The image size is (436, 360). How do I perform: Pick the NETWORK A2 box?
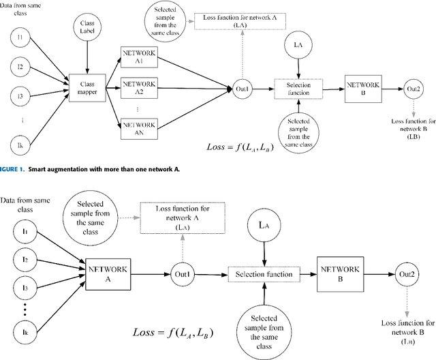tap(138, 87)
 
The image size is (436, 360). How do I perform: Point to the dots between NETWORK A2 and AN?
tap(138, 108)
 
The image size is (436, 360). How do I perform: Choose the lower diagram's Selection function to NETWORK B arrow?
tap(308, 274)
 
